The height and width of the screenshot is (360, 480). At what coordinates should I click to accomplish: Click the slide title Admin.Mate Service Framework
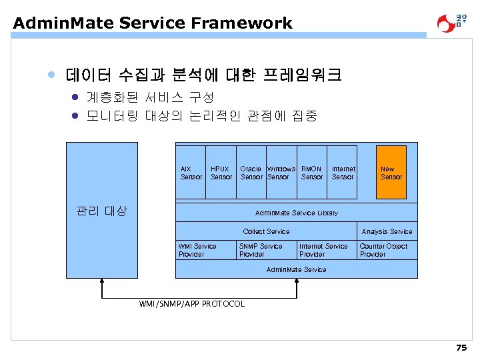click(x=152, y=23)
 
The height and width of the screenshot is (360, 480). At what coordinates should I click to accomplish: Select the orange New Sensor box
click(x=391, y=173)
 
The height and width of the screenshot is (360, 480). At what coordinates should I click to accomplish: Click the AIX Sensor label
click(x=191, y=173)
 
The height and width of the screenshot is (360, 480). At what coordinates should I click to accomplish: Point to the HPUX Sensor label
click(x=221, y=173)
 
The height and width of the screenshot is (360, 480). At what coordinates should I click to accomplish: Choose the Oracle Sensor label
click(x=251, y=173)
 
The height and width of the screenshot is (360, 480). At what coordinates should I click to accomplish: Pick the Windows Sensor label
click(x=280, y=173)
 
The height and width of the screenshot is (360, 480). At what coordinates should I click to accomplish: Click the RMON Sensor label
click(x=312, y=173)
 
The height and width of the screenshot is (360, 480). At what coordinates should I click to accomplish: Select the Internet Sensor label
click(x=343, y=173)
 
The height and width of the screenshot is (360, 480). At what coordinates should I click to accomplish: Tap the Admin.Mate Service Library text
click(x=296, y=213)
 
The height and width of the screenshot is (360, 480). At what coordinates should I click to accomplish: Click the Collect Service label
click(x=266, y=231)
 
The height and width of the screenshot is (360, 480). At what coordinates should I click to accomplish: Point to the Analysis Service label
click(x=387, y=231)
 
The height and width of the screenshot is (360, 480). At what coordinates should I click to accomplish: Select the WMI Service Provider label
click(x=197, y=250)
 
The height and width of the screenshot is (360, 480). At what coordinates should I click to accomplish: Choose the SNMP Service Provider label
click(x=261, y=250)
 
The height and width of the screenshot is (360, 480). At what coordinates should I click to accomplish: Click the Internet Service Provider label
click(x=323, y=250)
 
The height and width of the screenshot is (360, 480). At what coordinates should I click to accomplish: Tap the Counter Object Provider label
click(x=383, y=250)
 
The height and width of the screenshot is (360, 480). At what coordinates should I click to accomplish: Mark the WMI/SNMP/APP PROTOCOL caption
click(x=191, y=304)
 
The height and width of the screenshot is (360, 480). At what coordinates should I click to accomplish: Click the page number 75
click(x=461, y=348)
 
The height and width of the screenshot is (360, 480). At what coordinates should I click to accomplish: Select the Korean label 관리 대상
click(x=101, y=211)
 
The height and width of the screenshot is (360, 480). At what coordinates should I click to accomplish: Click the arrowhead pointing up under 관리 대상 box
click(x=101, y=281)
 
